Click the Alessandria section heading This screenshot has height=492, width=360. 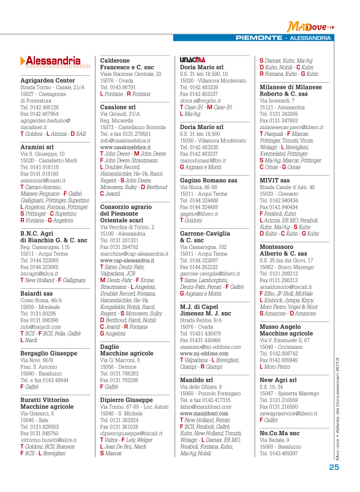[51, 61]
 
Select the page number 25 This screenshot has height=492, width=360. [334, 467]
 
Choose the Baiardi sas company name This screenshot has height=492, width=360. [37, 293]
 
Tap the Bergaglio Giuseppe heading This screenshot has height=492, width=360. [48, 354]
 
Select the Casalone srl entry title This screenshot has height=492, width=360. [118, 107]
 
